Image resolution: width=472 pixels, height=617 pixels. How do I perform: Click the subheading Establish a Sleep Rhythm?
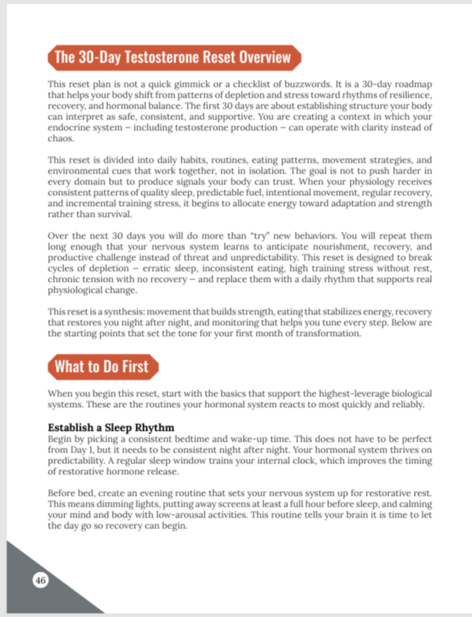pos(111,428)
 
